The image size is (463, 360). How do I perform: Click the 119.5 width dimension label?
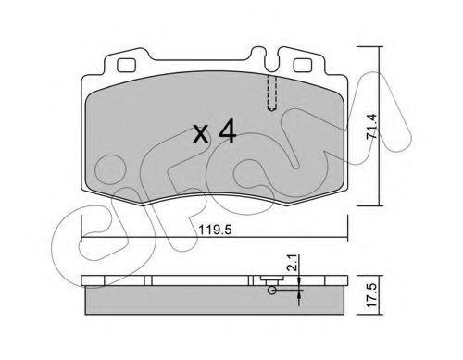point(215,230)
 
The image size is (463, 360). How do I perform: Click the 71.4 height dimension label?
point(371,126)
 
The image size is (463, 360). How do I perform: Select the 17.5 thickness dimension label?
point(372,295)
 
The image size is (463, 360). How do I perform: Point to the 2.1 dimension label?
point(294,263)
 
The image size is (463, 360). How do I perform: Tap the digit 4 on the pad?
point(227,132)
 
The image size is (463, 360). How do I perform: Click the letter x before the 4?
point(201,135)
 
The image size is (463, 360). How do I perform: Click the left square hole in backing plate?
point(126,65)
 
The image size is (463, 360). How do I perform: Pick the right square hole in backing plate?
point(302,65)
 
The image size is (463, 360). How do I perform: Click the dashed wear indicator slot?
point(271,93)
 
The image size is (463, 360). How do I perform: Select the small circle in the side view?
point(272,291)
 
